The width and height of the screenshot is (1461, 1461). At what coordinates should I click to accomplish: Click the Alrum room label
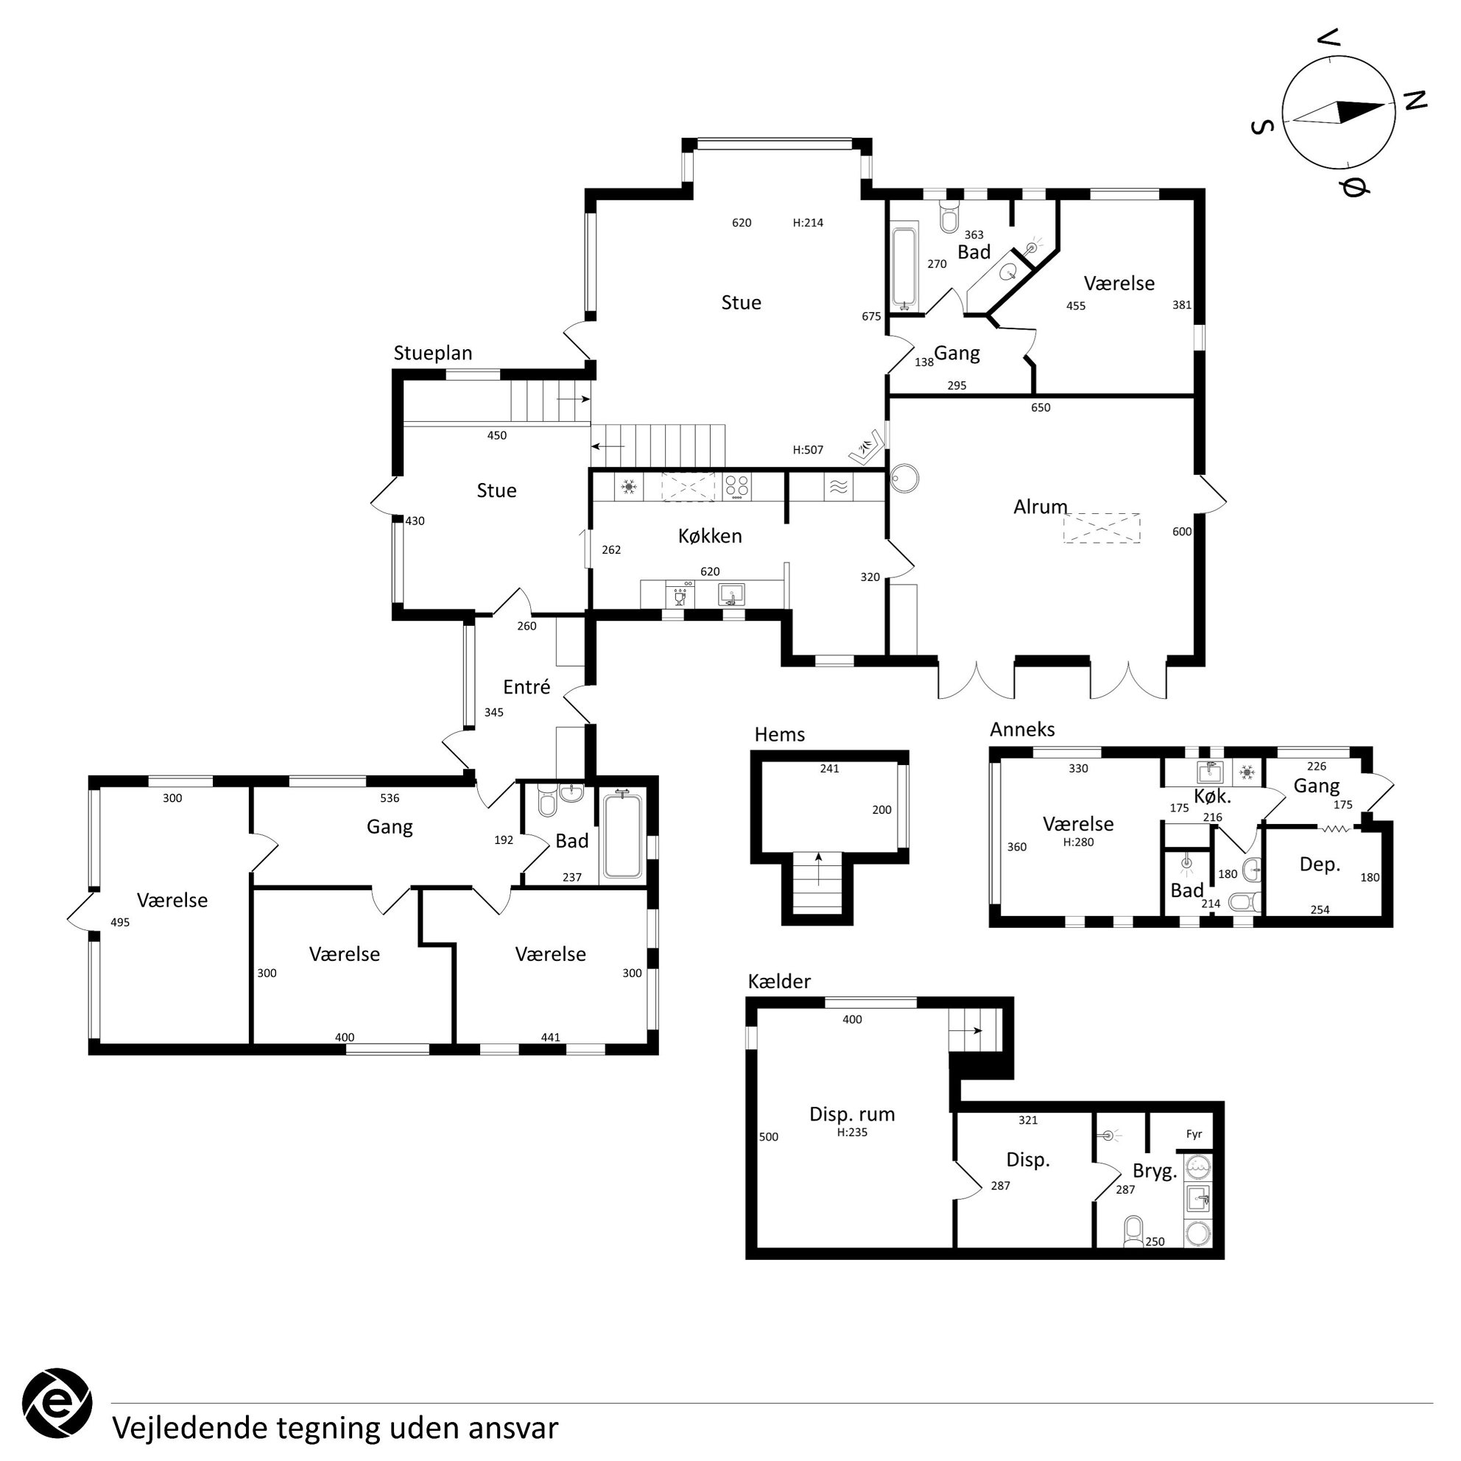[x=1041, y=507]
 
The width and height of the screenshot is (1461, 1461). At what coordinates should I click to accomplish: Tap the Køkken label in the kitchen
[x=710, y=536]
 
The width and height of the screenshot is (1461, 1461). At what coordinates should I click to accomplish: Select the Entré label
[x=527, y=686]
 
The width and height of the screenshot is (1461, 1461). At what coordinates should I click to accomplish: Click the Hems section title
[x=780, y=734]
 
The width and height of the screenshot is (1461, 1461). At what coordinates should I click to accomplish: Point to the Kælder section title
[x=779, y=982]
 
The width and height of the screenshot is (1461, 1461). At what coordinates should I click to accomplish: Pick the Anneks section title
[x=1022, y=729]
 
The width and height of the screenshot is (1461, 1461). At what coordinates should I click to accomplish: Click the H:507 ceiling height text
[x=808, y=450]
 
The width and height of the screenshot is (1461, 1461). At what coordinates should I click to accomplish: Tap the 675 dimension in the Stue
[x=871, y=317]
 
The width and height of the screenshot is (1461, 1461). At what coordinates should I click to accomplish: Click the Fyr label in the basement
[x=1194, y=1134]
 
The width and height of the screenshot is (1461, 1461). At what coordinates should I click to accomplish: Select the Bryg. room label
[x=1155, y=1172]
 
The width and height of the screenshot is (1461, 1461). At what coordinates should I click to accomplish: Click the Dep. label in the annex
[x=1320, y=865]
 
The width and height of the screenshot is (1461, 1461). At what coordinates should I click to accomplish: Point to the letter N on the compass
[x=1414, y=100]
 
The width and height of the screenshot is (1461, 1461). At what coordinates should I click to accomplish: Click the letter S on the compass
[x=1263, y=126]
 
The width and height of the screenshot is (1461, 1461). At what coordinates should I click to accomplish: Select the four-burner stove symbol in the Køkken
[x=737, y=487]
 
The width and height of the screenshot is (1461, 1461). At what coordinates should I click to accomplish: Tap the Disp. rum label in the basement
[x=851, y=1114]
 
